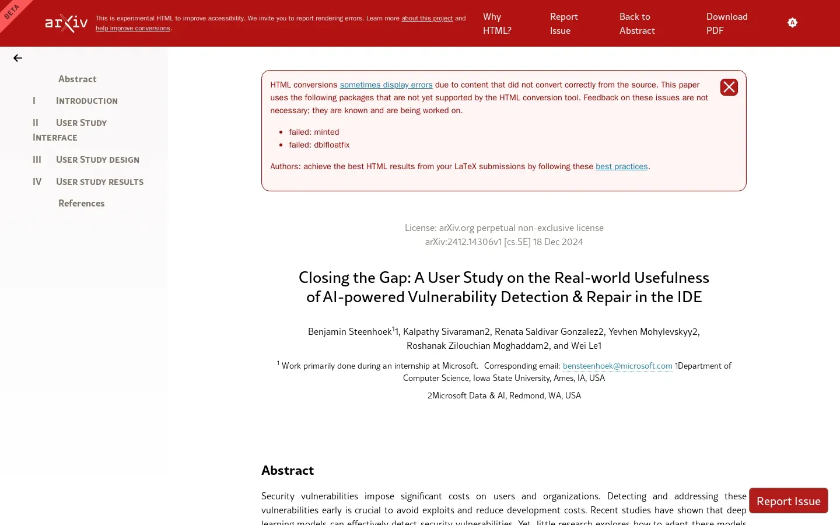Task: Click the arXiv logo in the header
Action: (66, 23)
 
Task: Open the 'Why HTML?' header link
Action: (497, 23)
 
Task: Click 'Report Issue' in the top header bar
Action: (563, 23)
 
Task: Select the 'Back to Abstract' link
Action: (637, 23)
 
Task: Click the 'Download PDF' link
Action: (726, 23)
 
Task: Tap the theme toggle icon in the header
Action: (792, 23)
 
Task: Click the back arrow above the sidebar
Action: (17, 58)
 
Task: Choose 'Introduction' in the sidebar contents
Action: (86, 101)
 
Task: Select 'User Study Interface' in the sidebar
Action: (81, 123)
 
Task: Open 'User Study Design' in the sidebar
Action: (97, 160)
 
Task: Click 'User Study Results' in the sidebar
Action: (99, 182)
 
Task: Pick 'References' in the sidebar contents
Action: (81, 204)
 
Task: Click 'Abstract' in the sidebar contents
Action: (77, 79)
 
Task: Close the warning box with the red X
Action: (729, 87)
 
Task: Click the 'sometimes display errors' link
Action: (386, 85)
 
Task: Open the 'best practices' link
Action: (621, 167)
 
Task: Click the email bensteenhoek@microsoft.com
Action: (617, 366)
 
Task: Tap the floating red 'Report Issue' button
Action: (788, 501)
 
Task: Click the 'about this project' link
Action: (427, 19)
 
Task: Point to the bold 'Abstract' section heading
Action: (288, 471)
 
